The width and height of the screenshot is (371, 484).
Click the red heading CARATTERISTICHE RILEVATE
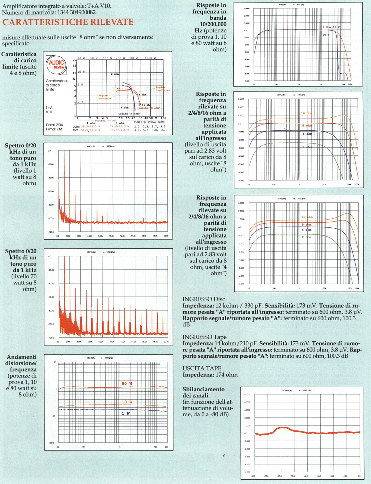68,22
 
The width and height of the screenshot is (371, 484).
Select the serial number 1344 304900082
70,12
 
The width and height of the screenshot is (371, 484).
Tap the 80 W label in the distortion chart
127,383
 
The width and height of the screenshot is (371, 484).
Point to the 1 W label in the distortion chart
126,413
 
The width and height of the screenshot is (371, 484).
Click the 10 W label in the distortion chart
127,402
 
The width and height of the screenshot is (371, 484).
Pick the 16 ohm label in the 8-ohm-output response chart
306,113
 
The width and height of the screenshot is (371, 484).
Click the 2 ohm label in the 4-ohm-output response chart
306,237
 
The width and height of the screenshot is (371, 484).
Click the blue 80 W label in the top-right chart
326,35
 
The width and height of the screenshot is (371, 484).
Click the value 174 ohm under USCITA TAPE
226,375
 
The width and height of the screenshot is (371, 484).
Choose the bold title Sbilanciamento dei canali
203,392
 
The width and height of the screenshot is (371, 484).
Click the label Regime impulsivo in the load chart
163,89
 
